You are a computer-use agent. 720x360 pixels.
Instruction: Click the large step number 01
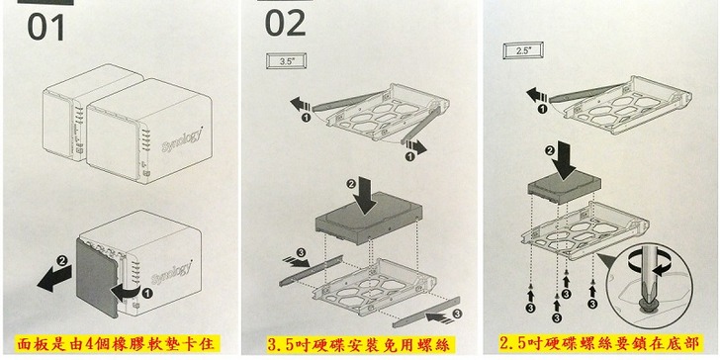pyautogui.click(x=45, y=27)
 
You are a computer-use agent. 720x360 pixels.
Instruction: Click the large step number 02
pyautogui.click(x=285, y=23)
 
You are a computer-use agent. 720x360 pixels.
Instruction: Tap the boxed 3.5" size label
pyautogui.click(x=286, y=61)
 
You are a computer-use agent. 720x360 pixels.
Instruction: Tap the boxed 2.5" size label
pyautogui.click(x=523, y=51)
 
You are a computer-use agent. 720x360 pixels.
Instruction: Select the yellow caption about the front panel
pyautogui.click(x=118, y=343)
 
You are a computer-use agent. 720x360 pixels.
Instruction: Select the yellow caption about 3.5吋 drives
pyautogui.click(x=360, y=344)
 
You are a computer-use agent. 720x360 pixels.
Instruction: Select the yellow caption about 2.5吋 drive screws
pyautogui.click(x=600, y=343)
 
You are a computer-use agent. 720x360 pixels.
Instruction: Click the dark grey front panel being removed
pyautogui.click(x=98, y=277)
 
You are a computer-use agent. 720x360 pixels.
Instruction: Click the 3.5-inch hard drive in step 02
pyautogui.click(x=369, y=219)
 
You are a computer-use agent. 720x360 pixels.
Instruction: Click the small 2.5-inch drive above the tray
pyautogui.click(x=565, y=188)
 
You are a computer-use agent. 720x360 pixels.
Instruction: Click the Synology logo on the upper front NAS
pyautogui.click(x=182, y=141)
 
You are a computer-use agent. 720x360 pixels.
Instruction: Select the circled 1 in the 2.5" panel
pyautogui.click(x=542, y=110)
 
